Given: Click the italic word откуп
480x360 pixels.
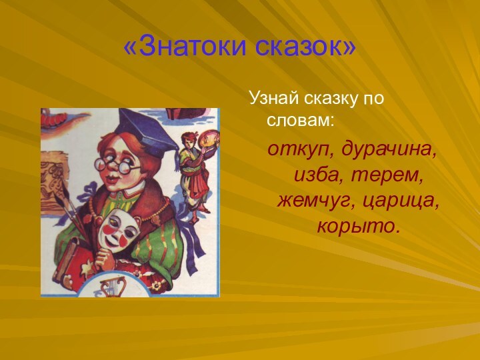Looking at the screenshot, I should (x=301, y=151).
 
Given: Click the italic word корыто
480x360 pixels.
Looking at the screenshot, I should (x=359, y=227).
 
